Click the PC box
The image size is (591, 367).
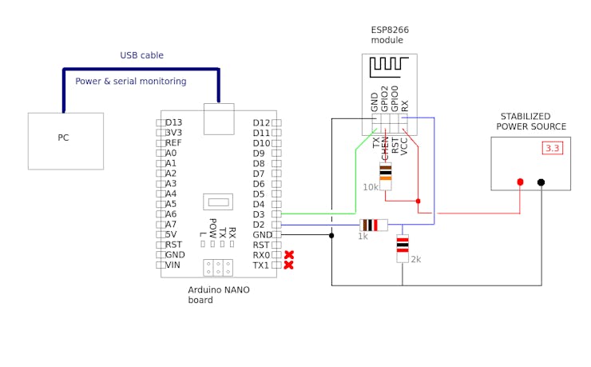point(65,141)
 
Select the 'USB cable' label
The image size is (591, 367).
point(141,55)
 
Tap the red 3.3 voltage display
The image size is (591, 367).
point(553,148)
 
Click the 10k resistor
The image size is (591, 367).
point(386,173)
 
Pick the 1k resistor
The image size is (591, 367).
point(373,225)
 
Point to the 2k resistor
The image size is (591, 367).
point(403,248)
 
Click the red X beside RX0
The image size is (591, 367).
point(289,255)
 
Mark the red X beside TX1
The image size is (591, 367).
point(289,265)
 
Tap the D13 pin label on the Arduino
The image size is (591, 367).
point(173,122)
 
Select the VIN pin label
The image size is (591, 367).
point(173,265)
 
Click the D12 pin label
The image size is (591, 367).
point(261,122)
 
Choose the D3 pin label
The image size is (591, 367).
point(259,214)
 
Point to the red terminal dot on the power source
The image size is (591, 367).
point(520,182)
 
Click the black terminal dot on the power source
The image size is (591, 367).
point(541,182)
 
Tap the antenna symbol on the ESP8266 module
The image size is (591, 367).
point(390,66)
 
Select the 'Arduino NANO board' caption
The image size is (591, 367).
point(218,294)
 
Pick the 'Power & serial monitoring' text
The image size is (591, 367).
point(131,82)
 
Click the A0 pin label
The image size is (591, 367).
point(171,153)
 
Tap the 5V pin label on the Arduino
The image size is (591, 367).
point(171,234)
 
